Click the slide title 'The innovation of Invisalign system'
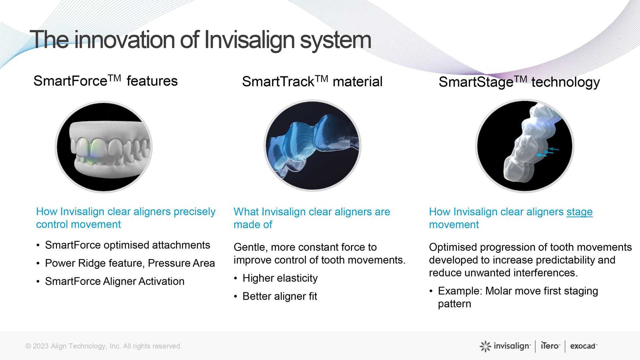pyautogui.click(x=200, y=40)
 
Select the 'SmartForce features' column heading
pyautogui.click(x=105, y=81)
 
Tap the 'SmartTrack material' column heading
pyautogui.click(x=312, y=82)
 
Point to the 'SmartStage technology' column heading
pyautogui.click(x=519, y=82)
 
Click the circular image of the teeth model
pyautogui.click(x=104, y=147)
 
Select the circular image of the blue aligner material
pyautogui.click(x=312, y=145)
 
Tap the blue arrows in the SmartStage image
pyautogui.click(x=547, y=152)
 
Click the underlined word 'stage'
pyautogui.click(x=579, y=212)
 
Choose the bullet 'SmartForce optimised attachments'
pyautogui.click(x=128, y=245)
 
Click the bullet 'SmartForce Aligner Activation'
pyautogui.click(x=115, y=281)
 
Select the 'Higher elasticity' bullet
pyautogui.click(x=280, y=278)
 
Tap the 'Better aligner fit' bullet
pyautogui.click(x=280, y=296)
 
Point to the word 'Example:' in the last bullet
pyautogui.click(x=460, y=291)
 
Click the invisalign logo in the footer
pyautogui.click(x=505, y=346)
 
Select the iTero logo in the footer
pyautogui.click(x=550, y=346)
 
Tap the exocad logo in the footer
pyautogui.click(x=583, y=346)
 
